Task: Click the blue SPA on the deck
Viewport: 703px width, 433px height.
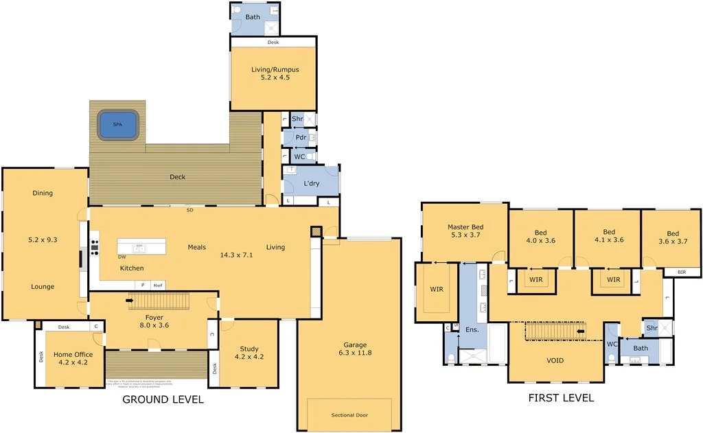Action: pyautogui.click(x=118, y=125)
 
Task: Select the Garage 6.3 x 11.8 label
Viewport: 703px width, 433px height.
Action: pyautogui.click(x=355, y=349)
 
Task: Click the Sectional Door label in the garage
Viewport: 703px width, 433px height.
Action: pyautogui.click(x=349, y=415)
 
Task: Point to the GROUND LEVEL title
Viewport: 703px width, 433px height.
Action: pyautogui.click(x=163, y=399)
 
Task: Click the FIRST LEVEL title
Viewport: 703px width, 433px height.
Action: pyautogui.click(x=561, y=397)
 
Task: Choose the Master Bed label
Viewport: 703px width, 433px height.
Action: pyautogui.click(x=465, y=231)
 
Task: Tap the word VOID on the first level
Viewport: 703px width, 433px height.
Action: pyautogui.click(x=555, y=360)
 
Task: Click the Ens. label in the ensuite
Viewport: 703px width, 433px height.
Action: pyautogui.click(x=472, y=330)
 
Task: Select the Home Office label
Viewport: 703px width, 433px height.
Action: pyautogui.click(x=73, y=359)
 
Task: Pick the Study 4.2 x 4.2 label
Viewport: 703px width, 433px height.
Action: pyautogui.click(x=249, y=352)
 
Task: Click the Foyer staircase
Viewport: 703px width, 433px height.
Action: pyautogui.click(x=159, y=301)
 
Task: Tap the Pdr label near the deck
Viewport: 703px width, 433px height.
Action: pyautogui.click(x=300, y=137)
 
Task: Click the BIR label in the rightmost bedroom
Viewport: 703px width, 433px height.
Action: pyautogui.click(x=681, y=272)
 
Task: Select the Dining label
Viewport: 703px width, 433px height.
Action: pyautogui.click(x=43, y=194)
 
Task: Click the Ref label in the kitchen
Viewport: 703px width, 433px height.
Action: pyautogui.click(x=158, y=285)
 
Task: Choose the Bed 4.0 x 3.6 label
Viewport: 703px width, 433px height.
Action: pyautogui.click(x=540, y=237)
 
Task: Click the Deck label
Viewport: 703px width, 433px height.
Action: pyautogui.click(x=178, y=177)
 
